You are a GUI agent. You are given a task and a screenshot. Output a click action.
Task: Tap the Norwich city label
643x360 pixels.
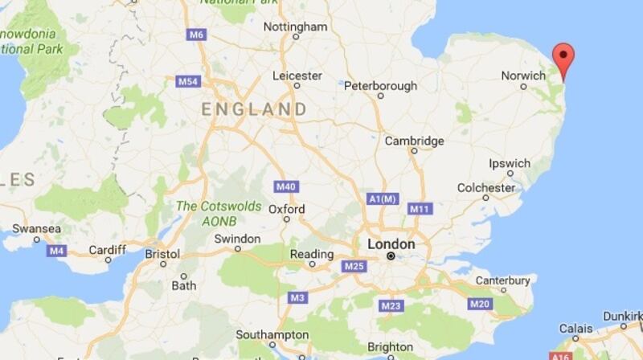(523, 75)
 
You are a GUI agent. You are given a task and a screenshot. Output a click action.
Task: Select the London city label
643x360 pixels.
(391, 244)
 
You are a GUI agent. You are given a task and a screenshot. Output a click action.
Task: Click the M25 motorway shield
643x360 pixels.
(354, 266)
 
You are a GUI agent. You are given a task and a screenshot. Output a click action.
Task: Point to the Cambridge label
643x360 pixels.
(414, 141)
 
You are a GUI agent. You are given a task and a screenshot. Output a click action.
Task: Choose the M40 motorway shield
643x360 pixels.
(285, 186)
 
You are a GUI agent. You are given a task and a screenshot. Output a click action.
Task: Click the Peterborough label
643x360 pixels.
(381, 86)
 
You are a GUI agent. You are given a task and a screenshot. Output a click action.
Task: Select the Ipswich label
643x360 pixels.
(510, 163)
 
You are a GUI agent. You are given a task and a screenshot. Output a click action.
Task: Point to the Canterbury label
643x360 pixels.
(502, 280)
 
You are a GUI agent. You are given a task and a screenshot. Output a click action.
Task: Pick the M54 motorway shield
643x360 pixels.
(187, 81)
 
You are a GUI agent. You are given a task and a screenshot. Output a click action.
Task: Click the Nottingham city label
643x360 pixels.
(296, 27)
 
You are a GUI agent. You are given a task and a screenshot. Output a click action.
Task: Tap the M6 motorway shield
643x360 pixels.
(196, 35)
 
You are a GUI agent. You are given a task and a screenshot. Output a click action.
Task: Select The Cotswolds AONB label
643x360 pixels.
(219, 212)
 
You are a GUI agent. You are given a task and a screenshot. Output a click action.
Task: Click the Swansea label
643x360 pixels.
(37, 229)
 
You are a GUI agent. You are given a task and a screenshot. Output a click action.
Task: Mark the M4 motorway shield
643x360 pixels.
(56, 251)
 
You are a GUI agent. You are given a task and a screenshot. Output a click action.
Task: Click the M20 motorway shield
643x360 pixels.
(480, 303)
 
